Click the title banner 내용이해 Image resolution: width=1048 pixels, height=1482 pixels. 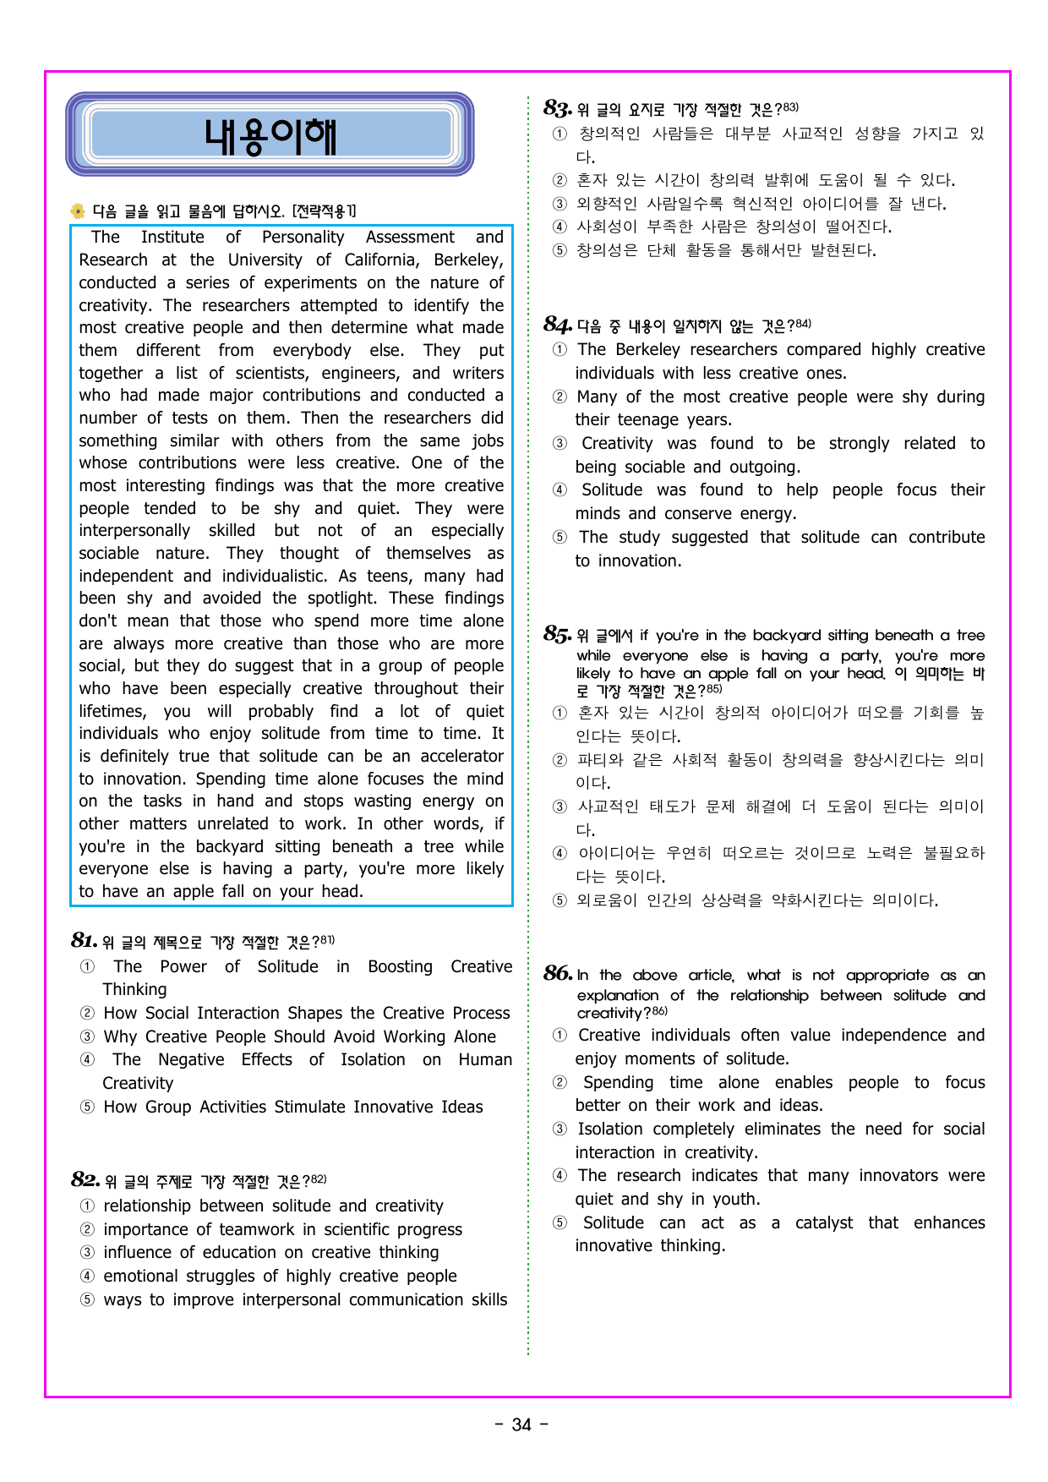[270, 134]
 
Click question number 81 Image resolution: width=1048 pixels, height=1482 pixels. [84, 941]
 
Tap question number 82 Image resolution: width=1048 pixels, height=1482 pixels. [85, 1180]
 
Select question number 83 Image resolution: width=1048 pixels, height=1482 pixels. [557, 108]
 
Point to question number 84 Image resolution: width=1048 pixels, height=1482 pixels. [557, 325]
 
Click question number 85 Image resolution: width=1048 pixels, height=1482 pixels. [557, 634]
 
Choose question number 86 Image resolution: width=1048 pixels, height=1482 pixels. [557, 974]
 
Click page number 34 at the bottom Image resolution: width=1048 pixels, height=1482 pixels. [521, 1425]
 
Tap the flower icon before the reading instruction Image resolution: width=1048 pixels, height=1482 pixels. [78, 211]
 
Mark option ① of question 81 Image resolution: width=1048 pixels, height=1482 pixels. [87, 966]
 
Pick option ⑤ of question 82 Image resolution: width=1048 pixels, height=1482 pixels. [87, 1299]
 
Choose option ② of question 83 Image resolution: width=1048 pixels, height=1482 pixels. [559, 180]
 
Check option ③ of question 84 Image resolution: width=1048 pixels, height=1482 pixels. [559, 443]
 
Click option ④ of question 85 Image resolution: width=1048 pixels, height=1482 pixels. [559, 853]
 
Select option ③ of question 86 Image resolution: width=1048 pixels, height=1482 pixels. [559, 1129]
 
